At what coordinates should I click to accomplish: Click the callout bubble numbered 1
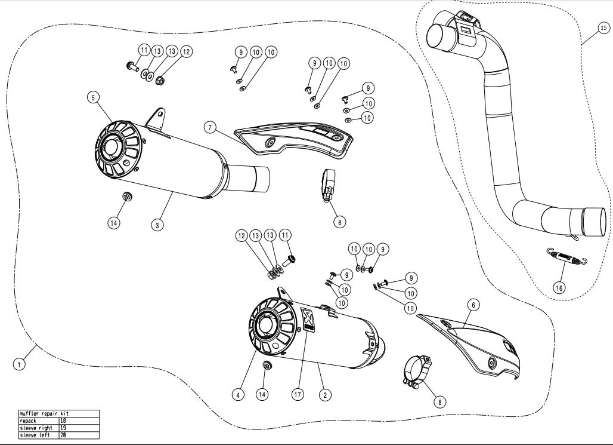coord(20,363)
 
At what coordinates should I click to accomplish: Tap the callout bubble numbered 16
coord(558,287)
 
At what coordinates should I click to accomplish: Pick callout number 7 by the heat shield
coord(208,127)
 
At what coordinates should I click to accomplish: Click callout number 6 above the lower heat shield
coord(472,305)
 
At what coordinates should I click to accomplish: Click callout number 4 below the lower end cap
coord(238,395)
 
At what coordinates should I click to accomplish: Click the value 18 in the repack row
coord(63,421)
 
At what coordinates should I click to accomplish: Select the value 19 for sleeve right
coord(63,428)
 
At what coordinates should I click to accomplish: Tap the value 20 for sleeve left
coord(63,435)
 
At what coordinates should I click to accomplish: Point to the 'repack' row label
coord(30,421)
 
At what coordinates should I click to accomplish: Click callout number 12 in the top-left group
coord(186,52)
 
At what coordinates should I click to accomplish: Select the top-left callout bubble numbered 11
coord(144,50)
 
